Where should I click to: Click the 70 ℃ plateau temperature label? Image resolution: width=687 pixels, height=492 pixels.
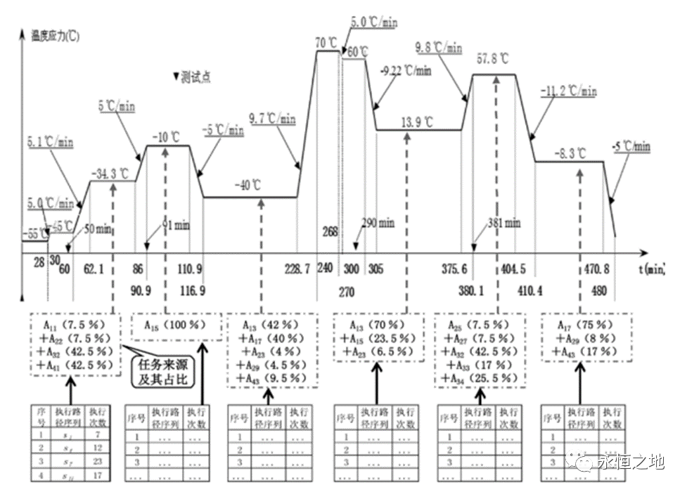coord(326,41)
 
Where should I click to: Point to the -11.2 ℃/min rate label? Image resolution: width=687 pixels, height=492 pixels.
coord(569,91)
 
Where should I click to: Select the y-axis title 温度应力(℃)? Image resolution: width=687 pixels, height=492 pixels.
coord(55,36)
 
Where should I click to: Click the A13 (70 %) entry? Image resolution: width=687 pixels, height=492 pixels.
coord(375,324)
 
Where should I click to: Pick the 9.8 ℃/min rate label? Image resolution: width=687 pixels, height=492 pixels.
coord(439,48)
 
